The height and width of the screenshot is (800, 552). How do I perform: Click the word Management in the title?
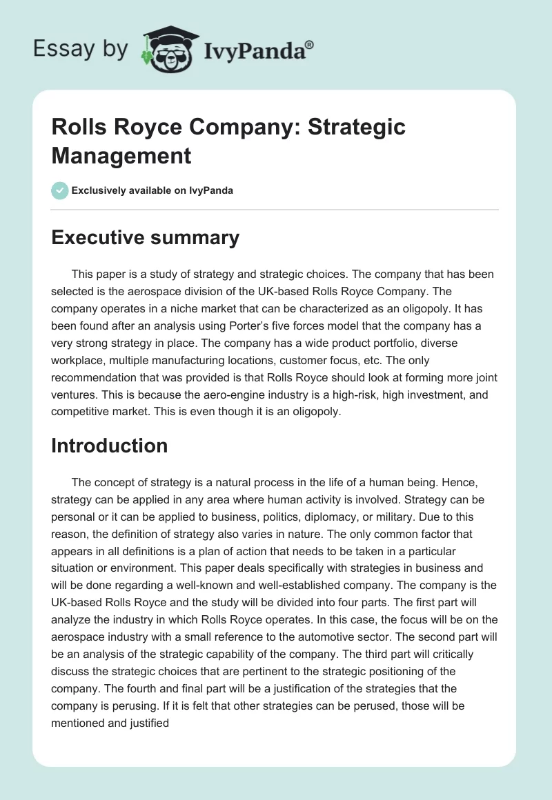point(121,155)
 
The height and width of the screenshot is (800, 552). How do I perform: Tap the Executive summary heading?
point(145,237)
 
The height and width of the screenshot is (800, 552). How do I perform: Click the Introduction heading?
point(109,446)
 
